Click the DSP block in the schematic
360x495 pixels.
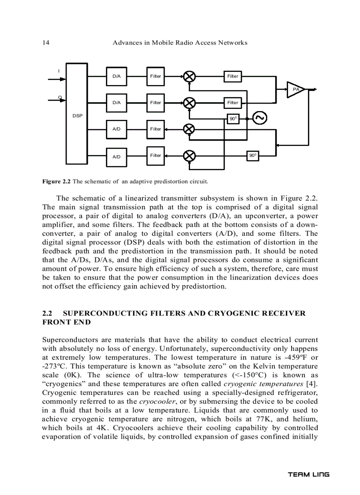point(77,115)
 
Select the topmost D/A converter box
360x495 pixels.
point(116,76)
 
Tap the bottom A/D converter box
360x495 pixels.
point(116,156)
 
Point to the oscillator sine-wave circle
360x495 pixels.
point(259,118)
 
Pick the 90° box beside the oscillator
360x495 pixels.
point(233,119)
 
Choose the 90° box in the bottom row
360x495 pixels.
point(253,156)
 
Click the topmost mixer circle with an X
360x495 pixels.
point(189,76)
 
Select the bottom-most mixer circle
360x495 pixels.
point(189,156)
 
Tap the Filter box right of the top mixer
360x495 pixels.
point(233,76)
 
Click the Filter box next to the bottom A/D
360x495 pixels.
point(156,156)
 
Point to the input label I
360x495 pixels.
point(60,71)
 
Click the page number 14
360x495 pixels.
point(45,43)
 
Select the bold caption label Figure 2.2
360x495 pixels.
point(56,181)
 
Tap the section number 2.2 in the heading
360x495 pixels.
point(47,313)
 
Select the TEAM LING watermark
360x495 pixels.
point(308,475)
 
